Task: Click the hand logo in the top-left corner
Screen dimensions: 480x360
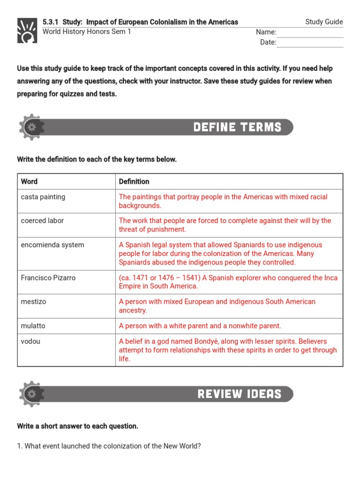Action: pos(27,31)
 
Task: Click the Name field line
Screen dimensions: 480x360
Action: pos(310,33)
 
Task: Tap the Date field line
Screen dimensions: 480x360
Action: pos(310,43)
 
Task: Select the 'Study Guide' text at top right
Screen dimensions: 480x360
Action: pos(324,22)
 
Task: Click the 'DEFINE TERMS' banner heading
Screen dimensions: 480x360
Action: pos(237,127)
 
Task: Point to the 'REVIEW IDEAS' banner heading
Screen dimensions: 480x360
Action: pos(239,394)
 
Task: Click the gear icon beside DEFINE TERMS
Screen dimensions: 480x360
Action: pos(31,127)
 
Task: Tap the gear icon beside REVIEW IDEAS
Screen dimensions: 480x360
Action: pos(31,394)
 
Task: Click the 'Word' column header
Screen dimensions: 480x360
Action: pos(30,181)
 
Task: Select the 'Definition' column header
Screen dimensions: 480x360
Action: pos(134,181)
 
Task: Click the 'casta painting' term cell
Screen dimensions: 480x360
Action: pos(43,197)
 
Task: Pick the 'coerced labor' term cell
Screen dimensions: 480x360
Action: pos(42,221)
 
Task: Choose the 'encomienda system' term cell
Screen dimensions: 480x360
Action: pos(52,245)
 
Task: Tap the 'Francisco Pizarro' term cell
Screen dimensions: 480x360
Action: pos(48,278)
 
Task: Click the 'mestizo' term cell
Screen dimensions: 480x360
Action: pos(34,302)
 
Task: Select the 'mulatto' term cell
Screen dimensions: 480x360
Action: pos(33,326)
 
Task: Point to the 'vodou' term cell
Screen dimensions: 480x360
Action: pos(31,341)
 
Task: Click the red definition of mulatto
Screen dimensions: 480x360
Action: pos(200,326)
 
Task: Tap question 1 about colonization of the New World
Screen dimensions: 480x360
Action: pos(109,446)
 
